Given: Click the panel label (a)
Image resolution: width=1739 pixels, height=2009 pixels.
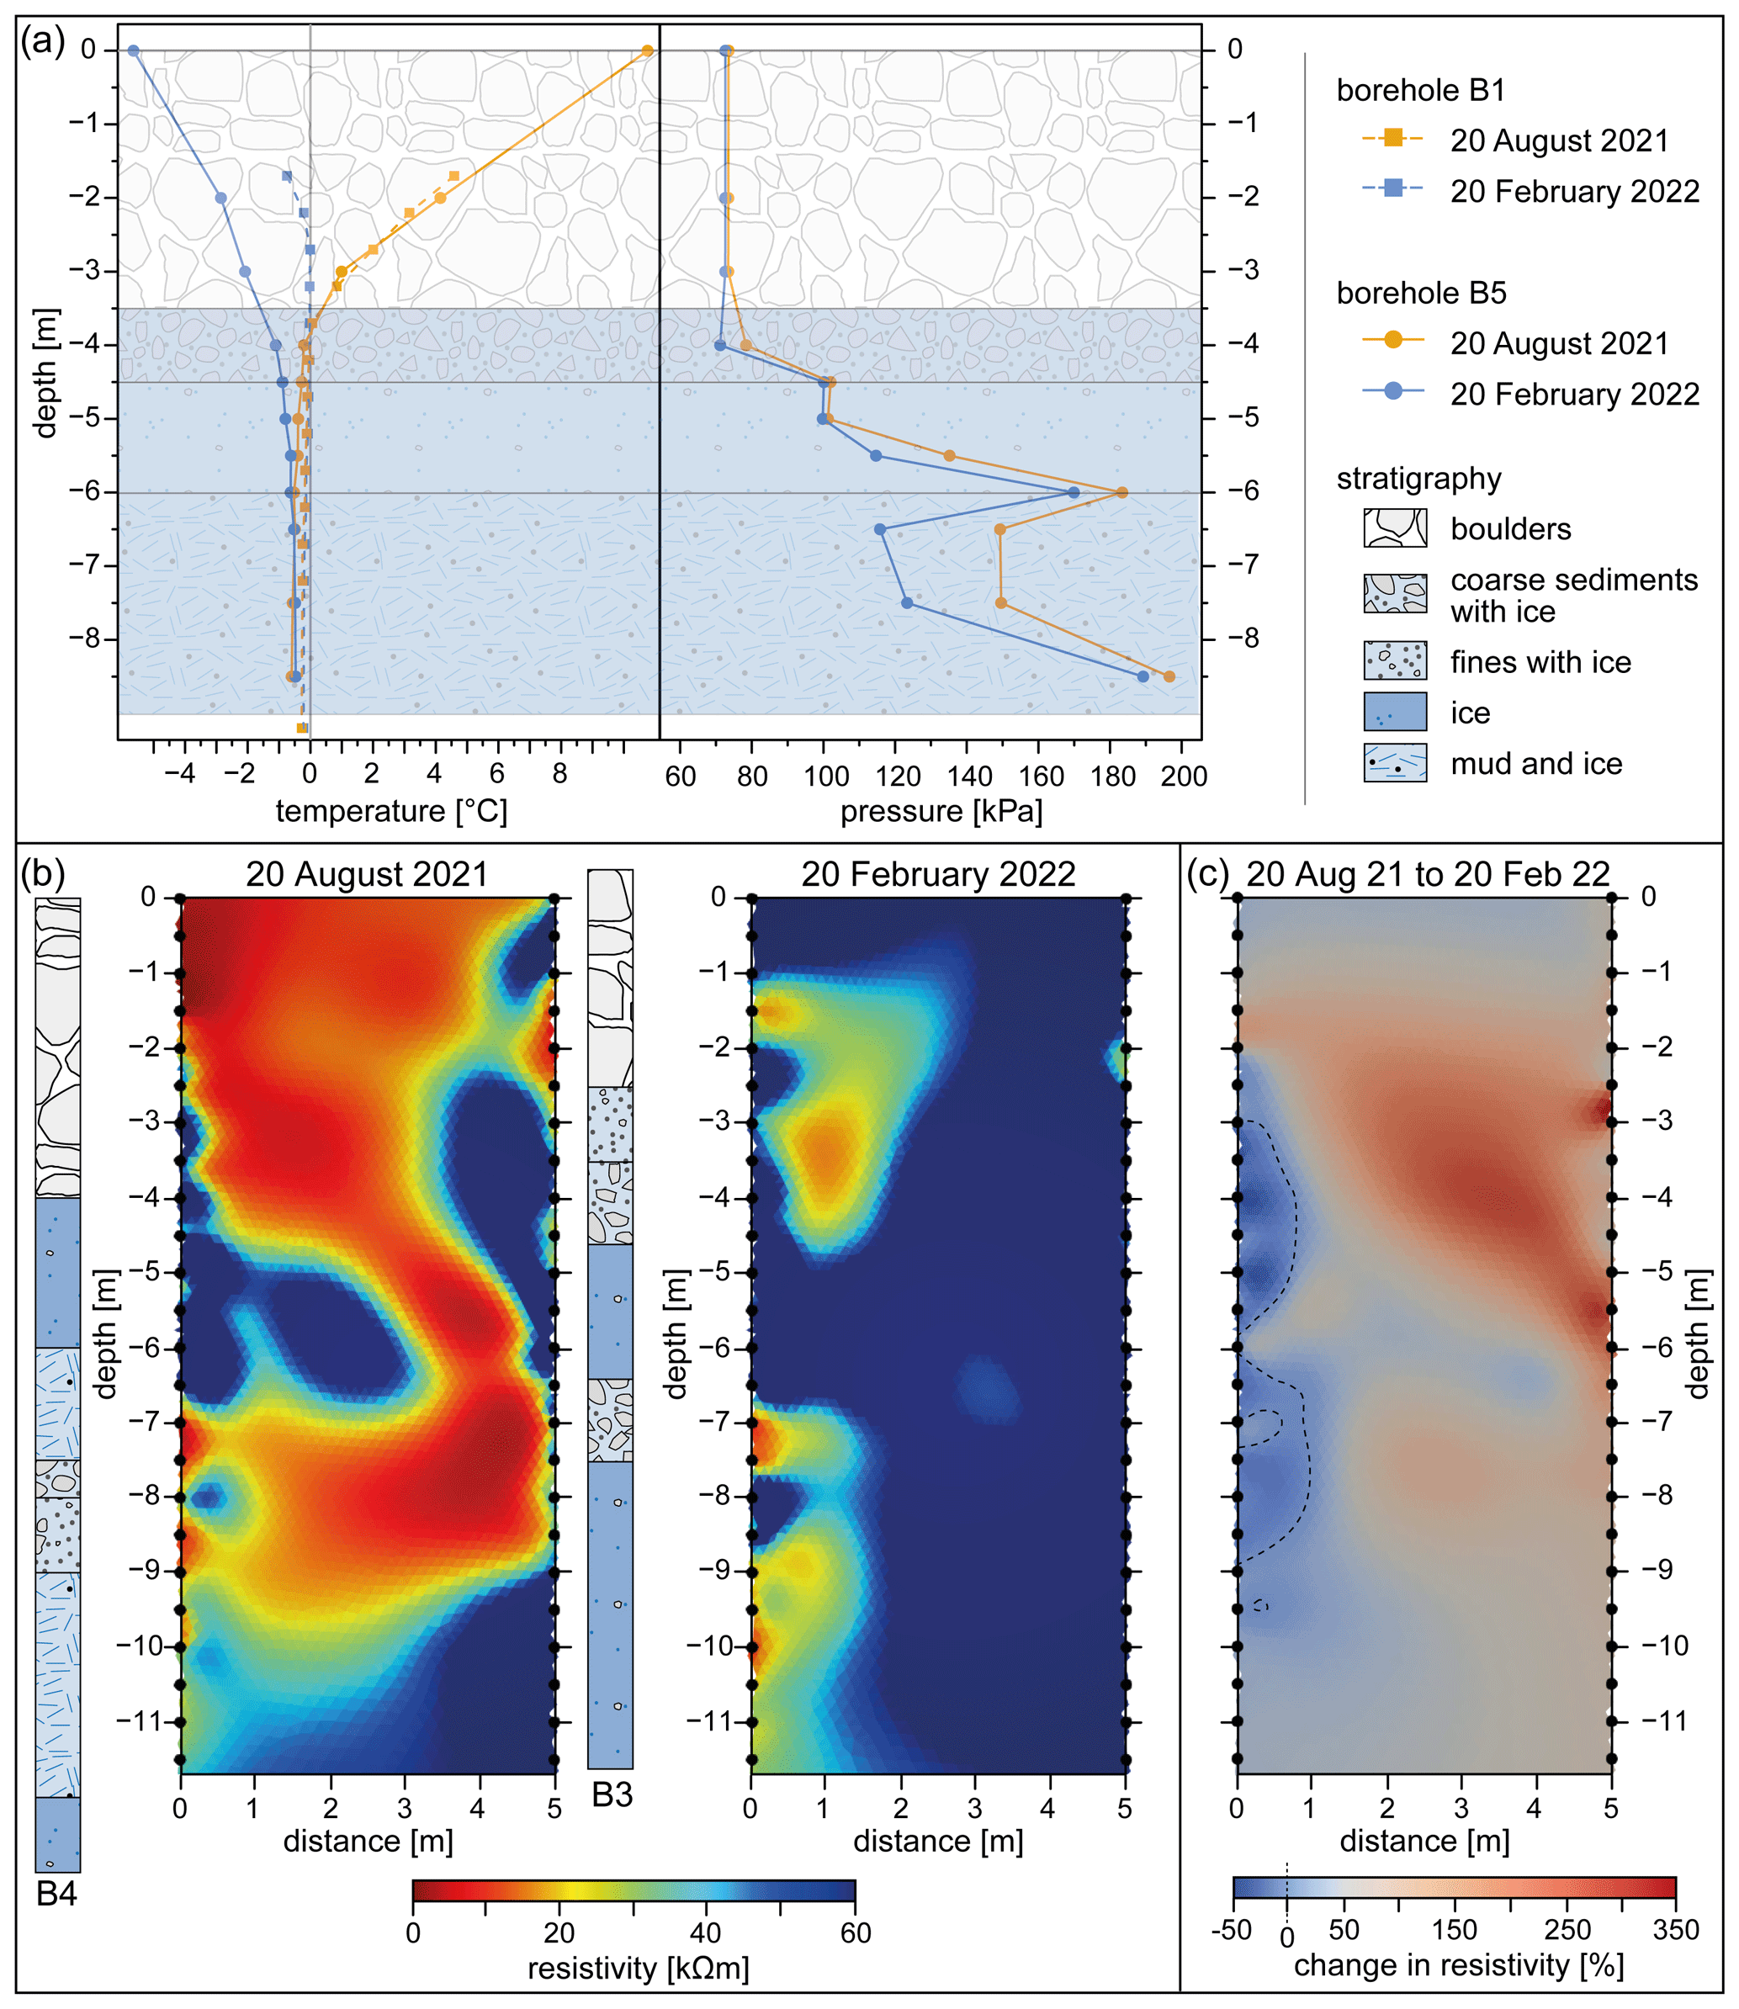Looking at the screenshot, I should click(x=43, y=43).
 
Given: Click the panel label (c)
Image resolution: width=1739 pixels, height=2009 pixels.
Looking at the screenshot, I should click(x=1208, y=873).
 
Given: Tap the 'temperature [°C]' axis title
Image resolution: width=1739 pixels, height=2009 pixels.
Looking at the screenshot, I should click(x=391, y=811).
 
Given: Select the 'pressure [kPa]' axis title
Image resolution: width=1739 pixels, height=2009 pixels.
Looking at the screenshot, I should click(x=941, y=811).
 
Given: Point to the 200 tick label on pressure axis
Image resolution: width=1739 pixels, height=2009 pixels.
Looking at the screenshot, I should click(x=1184, y=777).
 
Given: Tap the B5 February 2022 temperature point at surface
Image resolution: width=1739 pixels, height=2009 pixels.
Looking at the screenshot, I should click(x=134, y=50).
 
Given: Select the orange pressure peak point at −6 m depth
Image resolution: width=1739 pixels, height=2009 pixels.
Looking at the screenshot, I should click(x=1123, y=492).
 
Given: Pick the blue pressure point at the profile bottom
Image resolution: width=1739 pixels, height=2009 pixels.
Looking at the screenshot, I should click(x=1143, y=676).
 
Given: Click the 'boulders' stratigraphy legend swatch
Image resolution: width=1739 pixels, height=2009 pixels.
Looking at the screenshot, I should click(x=1395, y=528).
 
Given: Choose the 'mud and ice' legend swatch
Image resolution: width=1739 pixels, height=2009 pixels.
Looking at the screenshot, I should click(x=1395, y=763).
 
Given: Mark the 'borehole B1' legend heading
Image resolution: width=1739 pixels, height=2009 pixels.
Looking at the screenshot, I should click(x=1420, y=90).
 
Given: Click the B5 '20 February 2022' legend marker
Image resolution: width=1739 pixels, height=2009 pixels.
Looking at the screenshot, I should click(x=1392, y=391).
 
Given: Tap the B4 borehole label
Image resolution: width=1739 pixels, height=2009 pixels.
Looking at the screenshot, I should click(x=56, y=1894).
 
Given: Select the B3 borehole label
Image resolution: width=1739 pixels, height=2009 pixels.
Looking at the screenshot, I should click(x=612, y=1795).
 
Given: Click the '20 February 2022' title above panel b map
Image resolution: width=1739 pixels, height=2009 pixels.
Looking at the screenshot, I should click(x=937, y=874).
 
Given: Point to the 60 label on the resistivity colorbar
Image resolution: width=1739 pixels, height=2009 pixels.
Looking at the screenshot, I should click(x=855, y=1932).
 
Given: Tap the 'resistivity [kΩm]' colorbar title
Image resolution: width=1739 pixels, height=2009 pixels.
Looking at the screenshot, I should click(x=638, y=1969).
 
